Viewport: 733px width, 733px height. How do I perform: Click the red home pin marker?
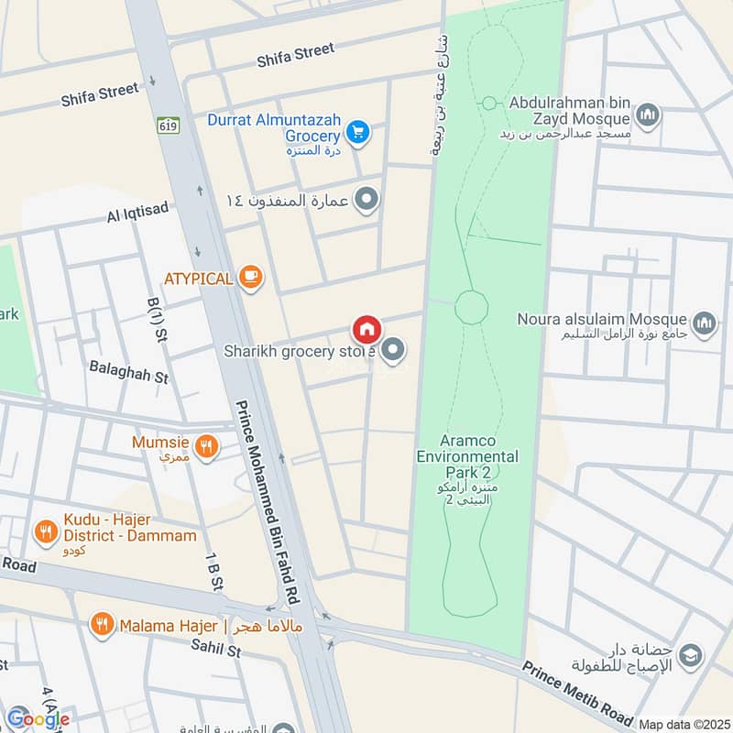tap(366, 328)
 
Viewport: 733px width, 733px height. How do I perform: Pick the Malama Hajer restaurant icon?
tap(101, 625)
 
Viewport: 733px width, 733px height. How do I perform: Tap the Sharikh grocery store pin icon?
tap(394, 349)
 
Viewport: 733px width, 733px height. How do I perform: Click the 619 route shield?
tap(167, 124)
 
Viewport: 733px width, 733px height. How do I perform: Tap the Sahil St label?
tap(214, 651)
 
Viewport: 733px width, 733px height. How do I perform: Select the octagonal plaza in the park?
tap(471, 305)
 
